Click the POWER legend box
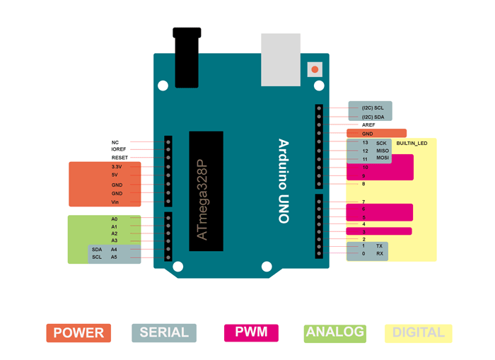78,333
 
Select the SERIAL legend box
164,333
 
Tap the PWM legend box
251,333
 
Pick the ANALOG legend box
335,332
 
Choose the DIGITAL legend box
419,333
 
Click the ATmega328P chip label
204,200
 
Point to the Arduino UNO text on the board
284,181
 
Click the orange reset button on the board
315,69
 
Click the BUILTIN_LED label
412,144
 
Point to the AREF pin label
368,125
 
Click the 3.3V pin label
117,167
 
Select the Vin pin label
115,202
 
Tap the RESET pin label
120,158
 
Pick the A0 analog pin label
115,219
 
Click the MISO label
383,151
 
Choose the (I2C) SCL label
373,108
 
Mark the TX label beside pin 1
380,245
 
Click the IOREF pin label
119,149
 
